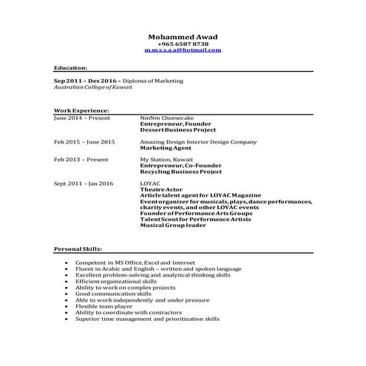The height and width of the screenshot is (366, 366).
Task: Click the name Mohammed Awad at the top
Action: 183,36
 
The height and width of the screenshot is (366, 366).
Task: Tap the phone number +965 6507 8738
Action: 183,44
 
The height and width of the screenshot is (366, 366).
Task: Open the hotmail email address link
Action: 183,50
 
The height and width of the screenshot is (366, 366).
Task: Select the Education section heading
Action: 70,67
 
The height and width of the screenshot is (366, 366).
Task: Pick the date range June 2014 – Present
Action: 82,117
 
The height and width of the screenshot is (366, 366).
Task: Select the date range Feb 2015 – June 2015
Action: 84,140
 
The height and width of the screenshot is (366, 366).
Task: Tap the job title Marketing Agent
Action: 166,147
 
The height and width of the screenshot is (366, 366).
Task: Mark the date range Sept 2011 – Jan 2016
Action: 84,183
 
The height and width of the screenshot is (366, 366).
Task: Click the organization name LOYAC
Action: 149,183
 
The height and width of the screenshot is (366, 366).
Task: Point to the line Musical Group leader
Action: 174,225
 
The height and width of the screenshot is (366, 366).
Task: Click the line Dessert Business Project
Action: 176,129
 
